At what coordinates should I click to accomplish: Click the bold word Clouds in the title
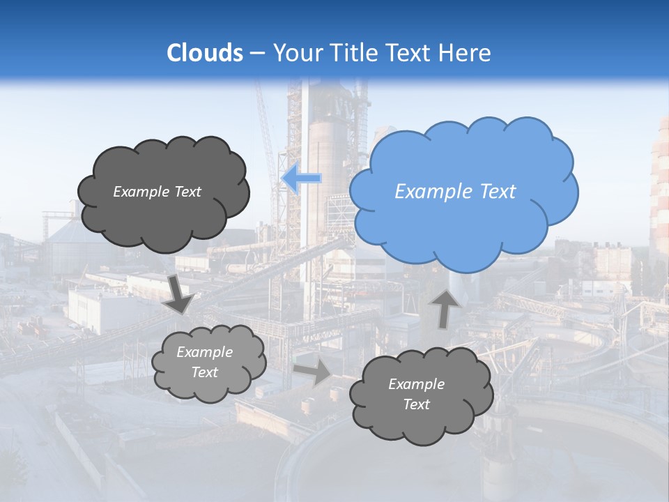point(205,52)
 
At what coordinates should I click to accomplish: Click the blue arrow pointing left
point(301,178)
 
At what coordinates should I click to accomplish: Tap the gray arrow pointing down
point(179,294)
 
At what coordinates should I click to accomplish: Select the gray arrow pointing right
point(313,372)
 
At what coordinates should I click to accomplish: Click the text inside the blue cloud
point(455,192)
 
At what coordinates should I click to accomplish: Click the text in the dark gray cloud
point(157,192)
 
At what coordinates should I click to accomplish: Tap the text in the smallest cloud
point(204,363)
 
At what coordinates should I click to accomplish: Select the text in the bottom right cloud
point(416,394)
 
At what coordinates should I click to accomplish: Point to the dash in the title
point(257,53)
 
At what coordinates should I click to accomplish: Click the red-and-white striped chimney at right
point(660,188)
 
